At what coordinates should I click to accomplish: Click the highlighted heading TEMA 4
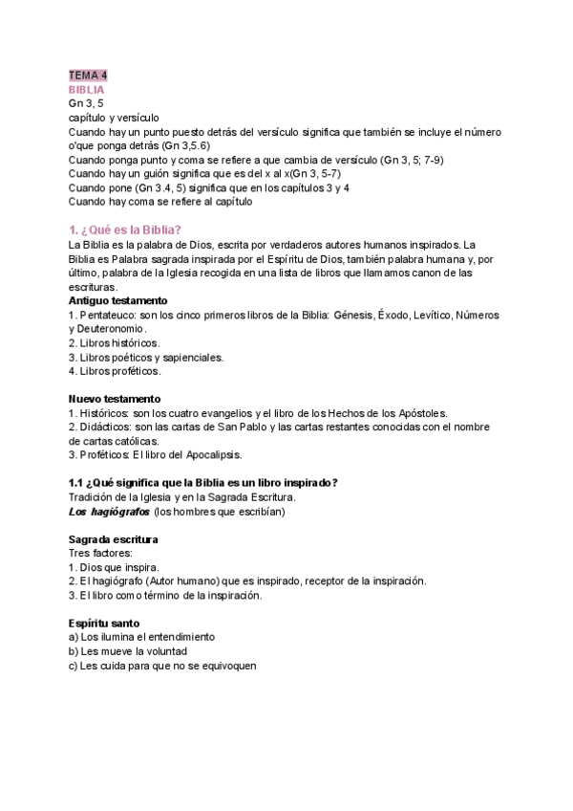pos(88,76)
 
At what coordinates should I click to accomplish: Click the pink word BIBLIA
pos(87,89)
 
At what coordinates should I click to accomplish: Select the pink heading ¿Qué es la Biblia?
pos(126,230)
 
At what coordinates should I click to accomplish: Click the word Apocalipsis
pos(209,454)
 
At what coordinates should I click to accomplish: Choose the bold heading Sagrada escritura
pos(113,539)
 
